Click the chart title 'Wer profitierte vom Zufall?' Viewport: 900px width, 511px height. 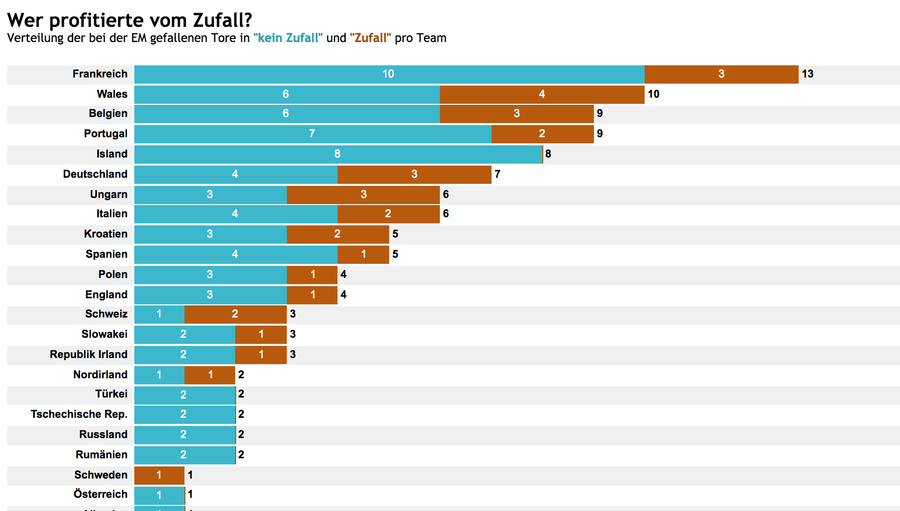click(130, 20)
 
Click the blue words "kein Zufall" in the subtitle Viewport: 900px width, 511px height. click(288, 38)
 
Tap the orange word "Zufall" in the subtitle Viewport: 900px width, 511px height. click(370, 38)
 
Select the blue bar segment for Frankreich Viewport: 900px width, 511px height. click(389, 74)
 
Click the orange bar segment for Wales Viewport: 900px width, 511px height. click(542, 94)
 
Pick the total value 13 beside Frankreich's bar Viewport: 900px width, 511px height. click(807, 74)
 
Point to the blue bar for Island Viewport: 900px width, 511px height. click(337, 154)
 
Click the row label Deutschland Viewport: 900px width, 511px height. click(95, 174)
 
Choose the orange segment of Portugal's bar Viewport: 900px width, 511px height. click(542, 134)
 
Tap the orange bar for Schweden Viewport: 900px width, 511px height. click(159, 475)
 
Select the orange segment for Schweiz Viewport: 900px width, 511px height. click(235, 314)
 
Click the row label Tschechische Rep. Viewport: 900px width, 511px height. click(79, 414)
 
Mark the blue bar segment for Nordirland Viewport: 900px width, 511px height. click(159, 375)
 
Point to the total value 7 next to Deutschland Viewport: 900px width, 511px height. click(498, 174)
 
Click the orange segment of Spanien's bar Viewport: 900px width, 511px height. click(363, 254)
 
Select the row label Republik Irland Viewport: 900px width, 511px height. click(89, 355)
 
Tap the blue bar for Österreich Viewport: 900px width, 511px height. click(159, 495)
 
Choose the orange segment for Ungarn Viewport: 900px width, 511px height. click(363, 194)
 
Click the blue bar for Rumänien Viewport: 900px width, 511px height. click(183, 455)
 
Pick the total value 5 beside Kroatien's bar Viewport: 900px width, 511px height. click(395, 234)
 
